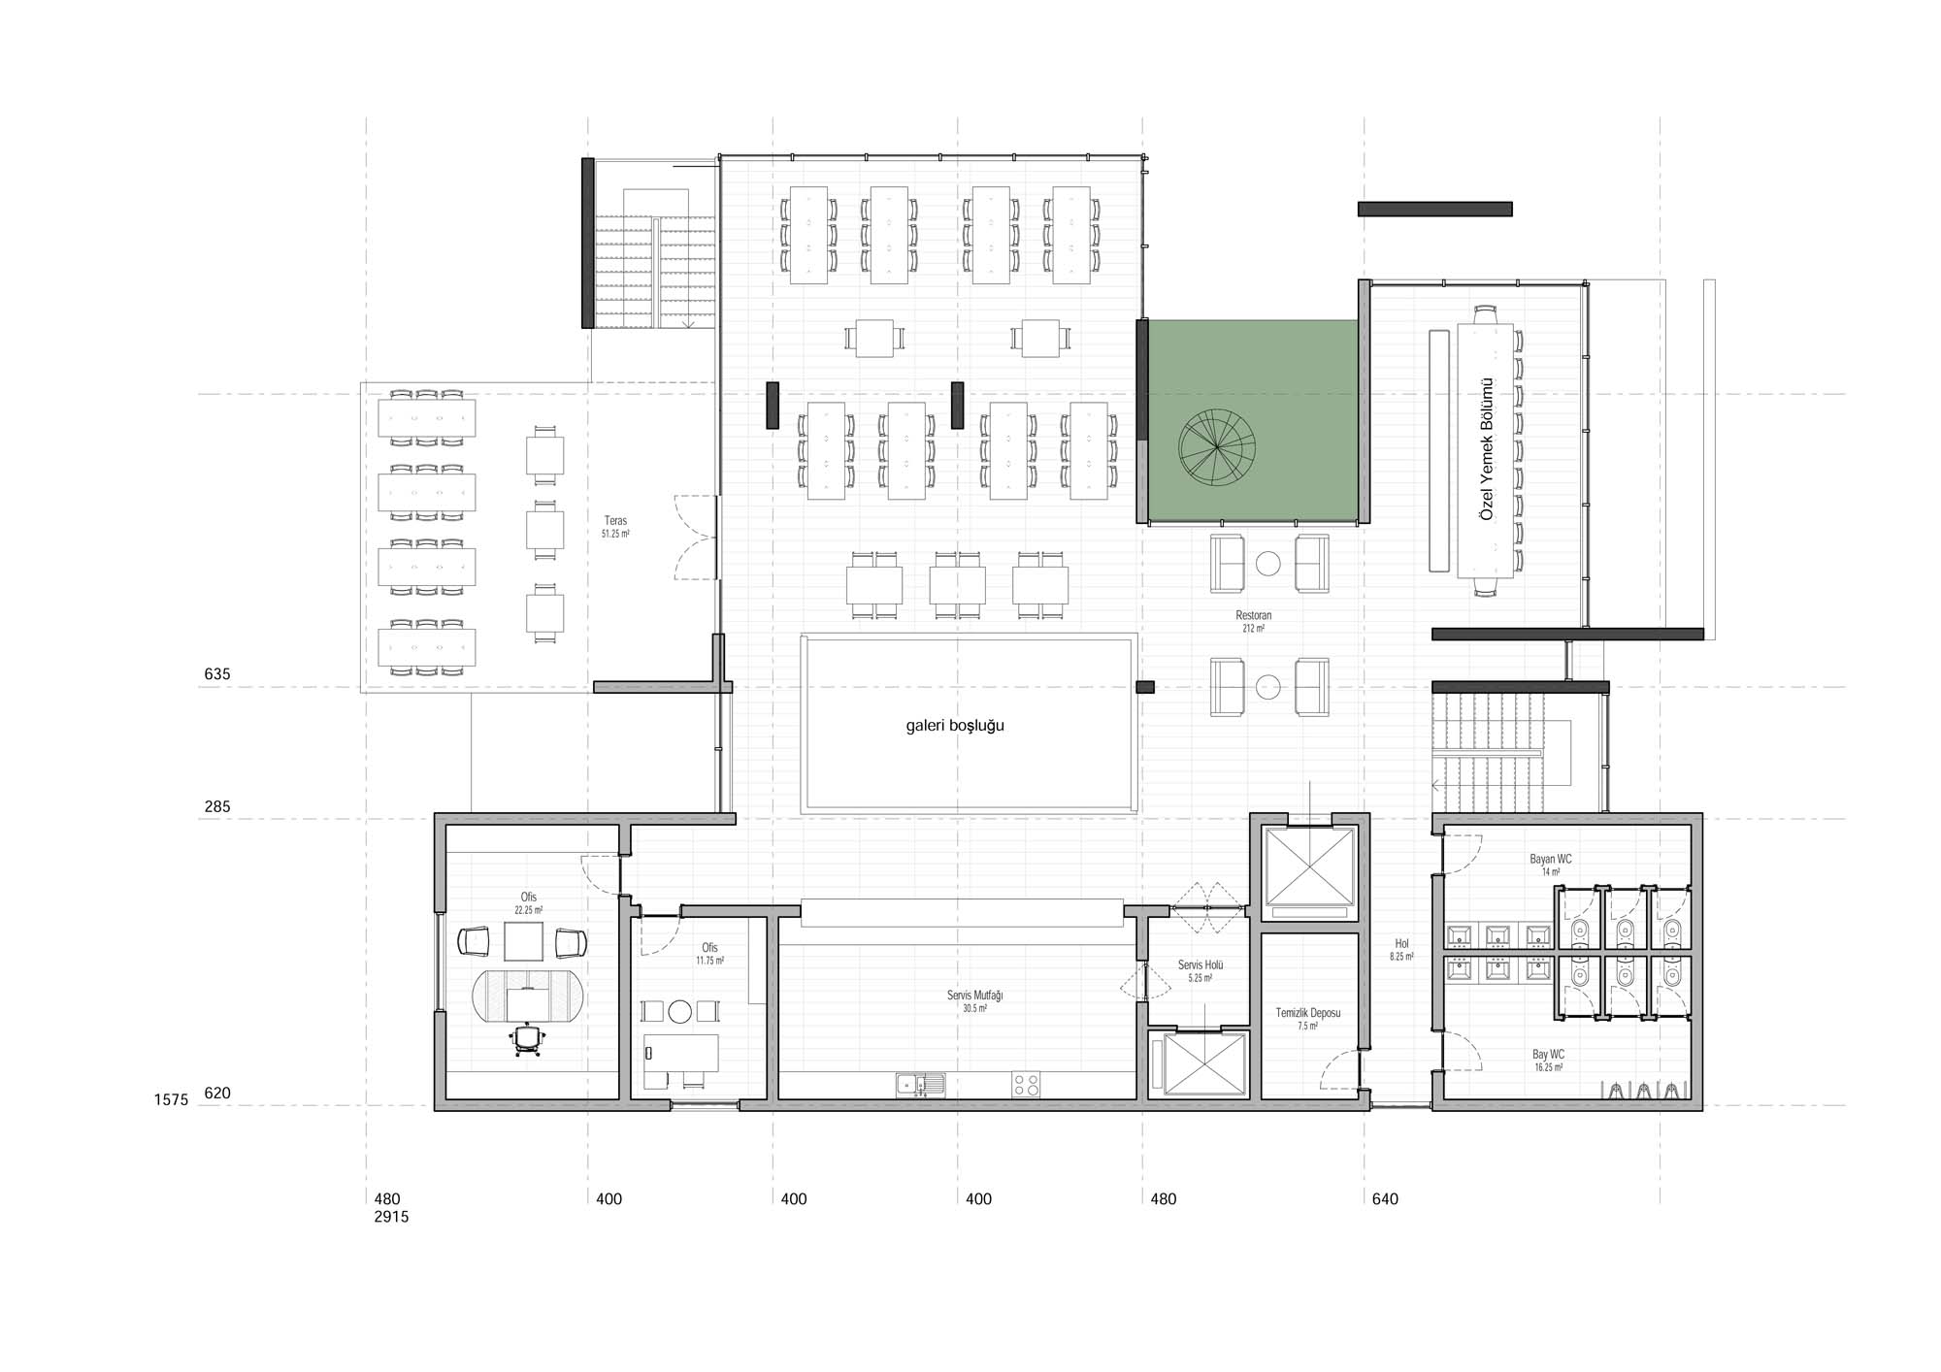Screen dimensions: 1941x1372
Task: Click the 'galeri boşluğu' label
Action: [955, 726]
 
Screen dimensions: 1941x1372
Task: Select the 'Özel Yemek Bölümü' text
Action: [1486, 448]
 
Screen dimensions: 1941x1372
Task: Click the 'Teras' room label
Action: [615, 521]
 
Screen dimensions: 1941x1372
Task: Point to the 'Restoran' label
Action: [1253, 615]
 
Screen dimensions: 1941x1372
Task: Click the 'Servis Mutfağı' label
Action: [974, 996]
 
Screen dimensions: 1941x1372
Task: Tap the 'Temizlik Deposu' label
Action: [1308, 1013]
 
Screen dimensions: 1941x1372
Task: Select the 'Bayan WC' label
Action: [1551, 859]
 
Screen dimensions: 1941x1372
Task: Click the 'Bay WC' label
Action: [1548, 1054]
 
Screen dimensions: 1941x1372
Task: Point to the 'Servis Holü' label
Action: [1201, 964]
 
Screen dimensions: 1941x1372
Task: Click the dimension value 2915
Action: [391, 1217]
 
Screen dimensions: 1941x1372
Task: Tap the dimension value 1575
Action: [171, 1100]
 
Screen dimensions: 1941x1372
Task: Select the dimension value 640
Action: [1385, 1199]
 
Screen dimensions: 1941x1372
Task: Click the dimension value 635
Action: [217, 673]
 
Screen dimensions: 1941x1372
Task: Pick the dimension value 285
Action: [217, 806]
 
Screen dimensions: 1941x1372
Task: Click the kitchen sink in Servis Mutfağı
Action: [921, 1084]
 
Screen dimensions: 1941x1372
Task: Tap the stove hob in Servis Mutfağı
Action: [1026, 1084]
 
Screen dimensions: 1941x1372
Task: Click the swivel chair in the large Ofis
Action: [527, 1039]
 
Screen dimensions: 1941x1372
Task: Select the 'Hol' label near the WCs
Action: [1401, 943]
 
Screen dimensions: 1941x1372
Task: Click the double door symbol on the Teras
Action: [696, 537]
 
